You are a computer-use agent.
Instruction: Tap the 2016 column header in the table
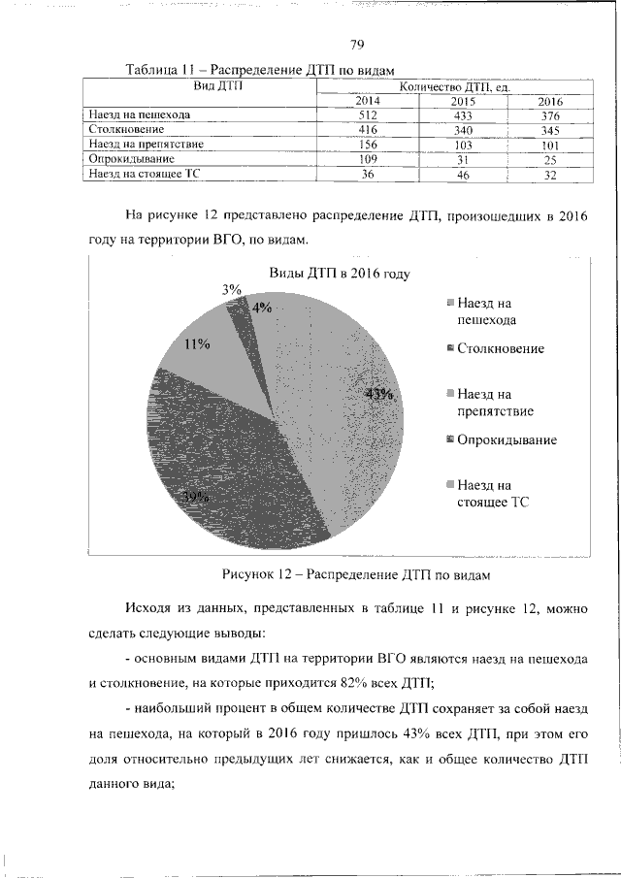point(550,101)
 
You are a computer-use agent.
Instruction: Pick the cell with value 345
point(550,129)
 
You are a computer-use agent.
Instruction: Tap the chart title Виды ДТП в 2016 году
point(333,275)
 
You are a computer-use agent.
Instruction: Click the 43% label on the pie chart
point(378,394)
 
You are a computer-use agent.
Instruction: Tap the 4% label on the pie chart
point(261,308)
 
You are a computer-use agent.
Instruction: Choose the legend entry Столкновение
point(500,348)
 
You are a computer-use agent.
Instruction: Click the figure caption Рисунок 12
point(356,573)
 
